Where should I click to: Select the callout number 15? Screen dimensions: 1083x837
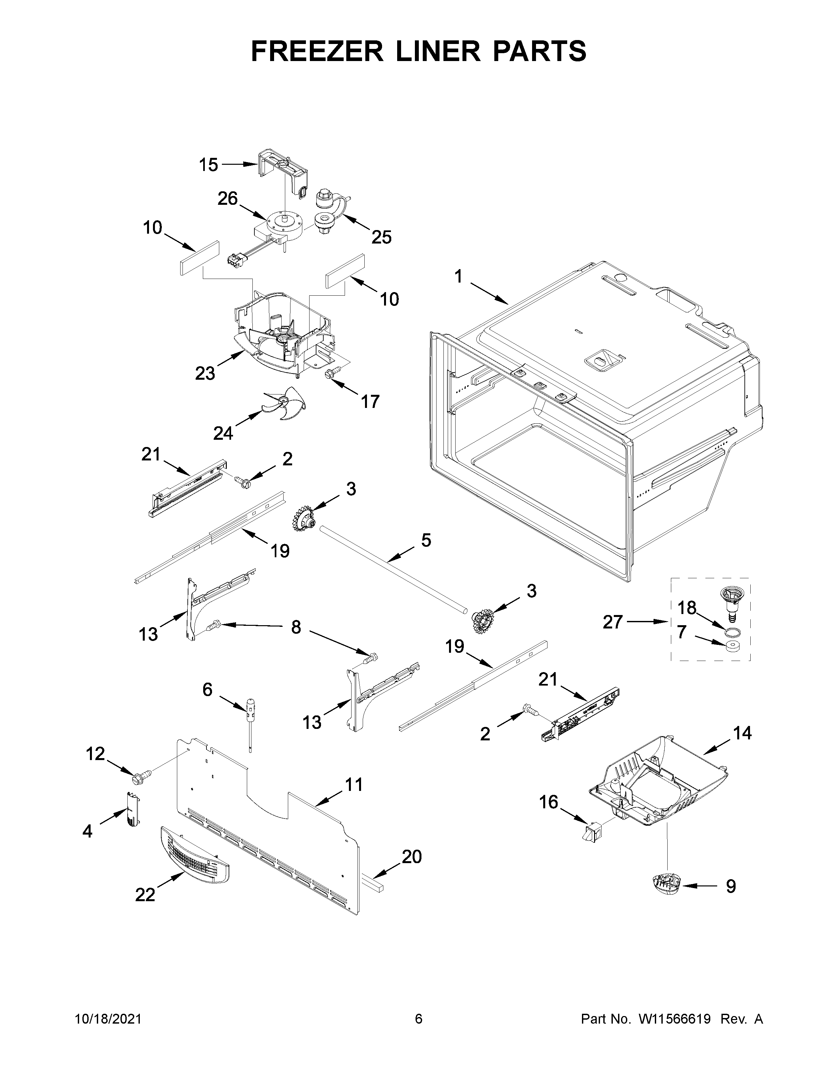point(208,165)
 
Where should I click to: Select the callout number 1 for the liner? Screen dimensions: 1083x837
point(458,277)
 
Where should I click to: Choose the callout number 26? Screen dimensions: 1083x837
point(227,199)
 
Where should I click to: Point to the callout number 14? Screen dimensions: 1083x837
point(742,733)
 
